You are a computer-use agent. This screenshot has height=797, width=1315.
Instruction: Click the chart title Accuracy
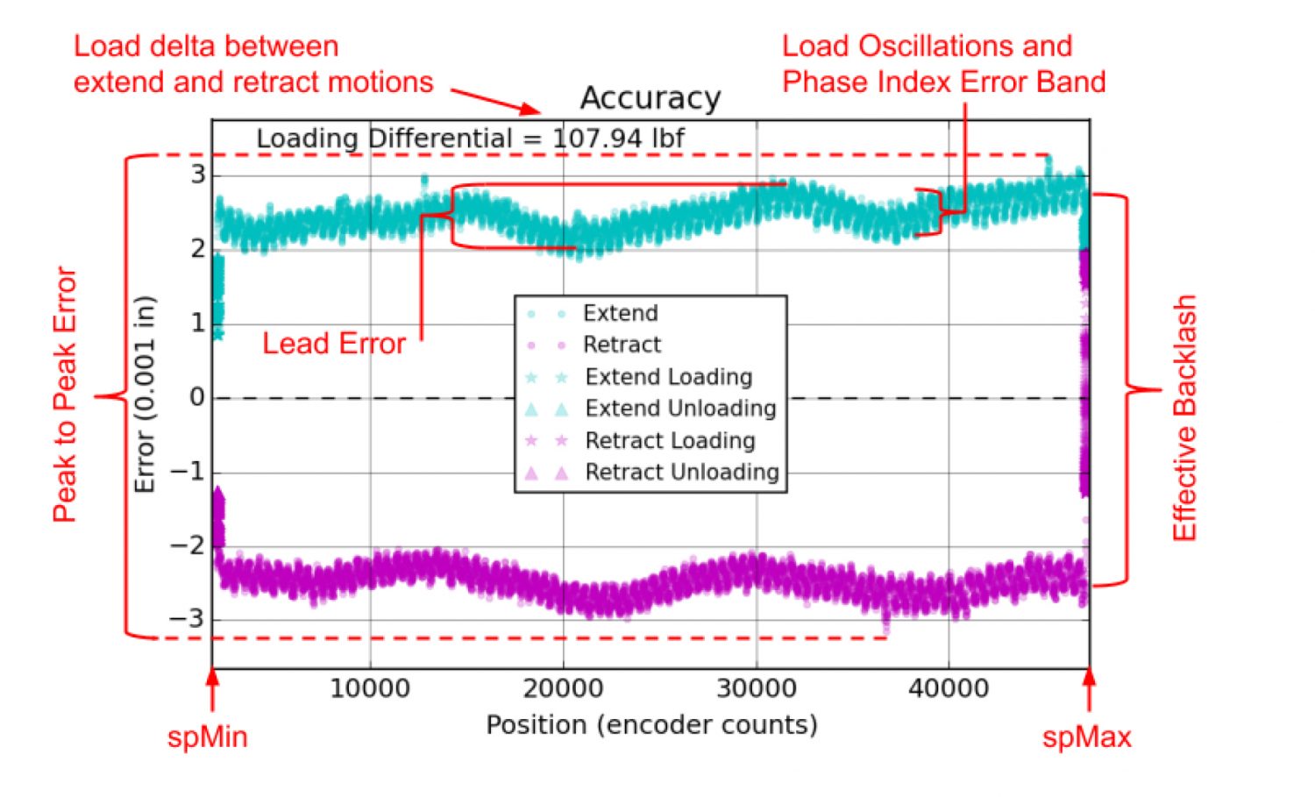tap(650, 98)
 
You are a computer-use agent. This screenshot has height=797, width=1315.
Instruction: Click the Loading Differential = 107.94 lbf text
tap(470, 139)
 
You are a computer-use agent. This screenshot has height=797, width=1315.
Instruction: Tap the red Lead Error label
tap(334, 343)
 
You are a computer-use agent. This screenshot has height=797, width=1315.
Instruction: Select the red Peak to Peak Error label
tap(65, 395)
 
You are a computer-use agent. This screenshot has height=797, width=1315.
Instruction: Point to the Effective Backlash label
tap(1184, 417)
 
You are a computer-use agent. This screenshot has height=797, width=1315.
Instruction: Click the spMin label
tap(208, 737)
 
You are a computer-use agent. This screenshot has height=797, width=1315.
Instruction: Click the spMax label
tap(1086, 737)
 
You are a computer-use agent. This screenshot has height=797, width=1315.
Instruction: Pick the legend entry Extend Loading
tap(668, 377)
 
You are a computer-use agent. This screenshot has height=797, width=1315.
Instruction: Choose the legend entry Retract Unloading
tap(681, 473)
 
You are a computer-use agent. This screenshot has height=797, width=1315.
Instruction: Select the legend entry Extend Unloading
tap(680, 409)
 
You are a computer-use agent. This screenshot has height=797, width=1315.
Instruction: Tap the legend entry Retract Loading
tap(670, 440)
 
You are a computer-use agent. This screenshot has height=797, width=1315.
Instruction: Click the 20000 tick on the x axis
tap(563, 688)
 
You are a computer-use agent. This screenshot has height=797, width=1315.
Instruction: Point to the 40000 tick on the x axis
tap(949, 688)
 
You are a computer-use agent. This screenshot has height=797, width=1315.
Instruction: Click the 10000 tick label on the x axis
tap(370, 688)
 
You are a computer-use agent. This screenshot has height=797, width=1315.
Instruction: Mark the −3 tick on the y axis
tap(187, 619)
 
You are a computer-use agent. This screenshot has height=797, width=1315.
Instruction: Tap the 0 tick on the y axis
tap(197, 397)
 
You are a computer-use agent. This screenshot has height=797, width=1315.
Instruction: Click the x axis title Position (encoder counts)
tap(651, 725)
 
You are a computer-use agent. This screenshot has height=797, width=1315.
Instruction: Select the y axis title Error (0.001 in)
tap(145, 395)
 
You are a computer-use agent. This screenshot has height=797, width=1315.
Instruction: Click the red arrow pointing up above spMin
tap(211, 688)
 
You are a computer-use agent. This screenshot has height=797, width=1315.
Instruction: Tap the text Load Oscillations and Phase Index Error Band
tap(943, 64)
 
